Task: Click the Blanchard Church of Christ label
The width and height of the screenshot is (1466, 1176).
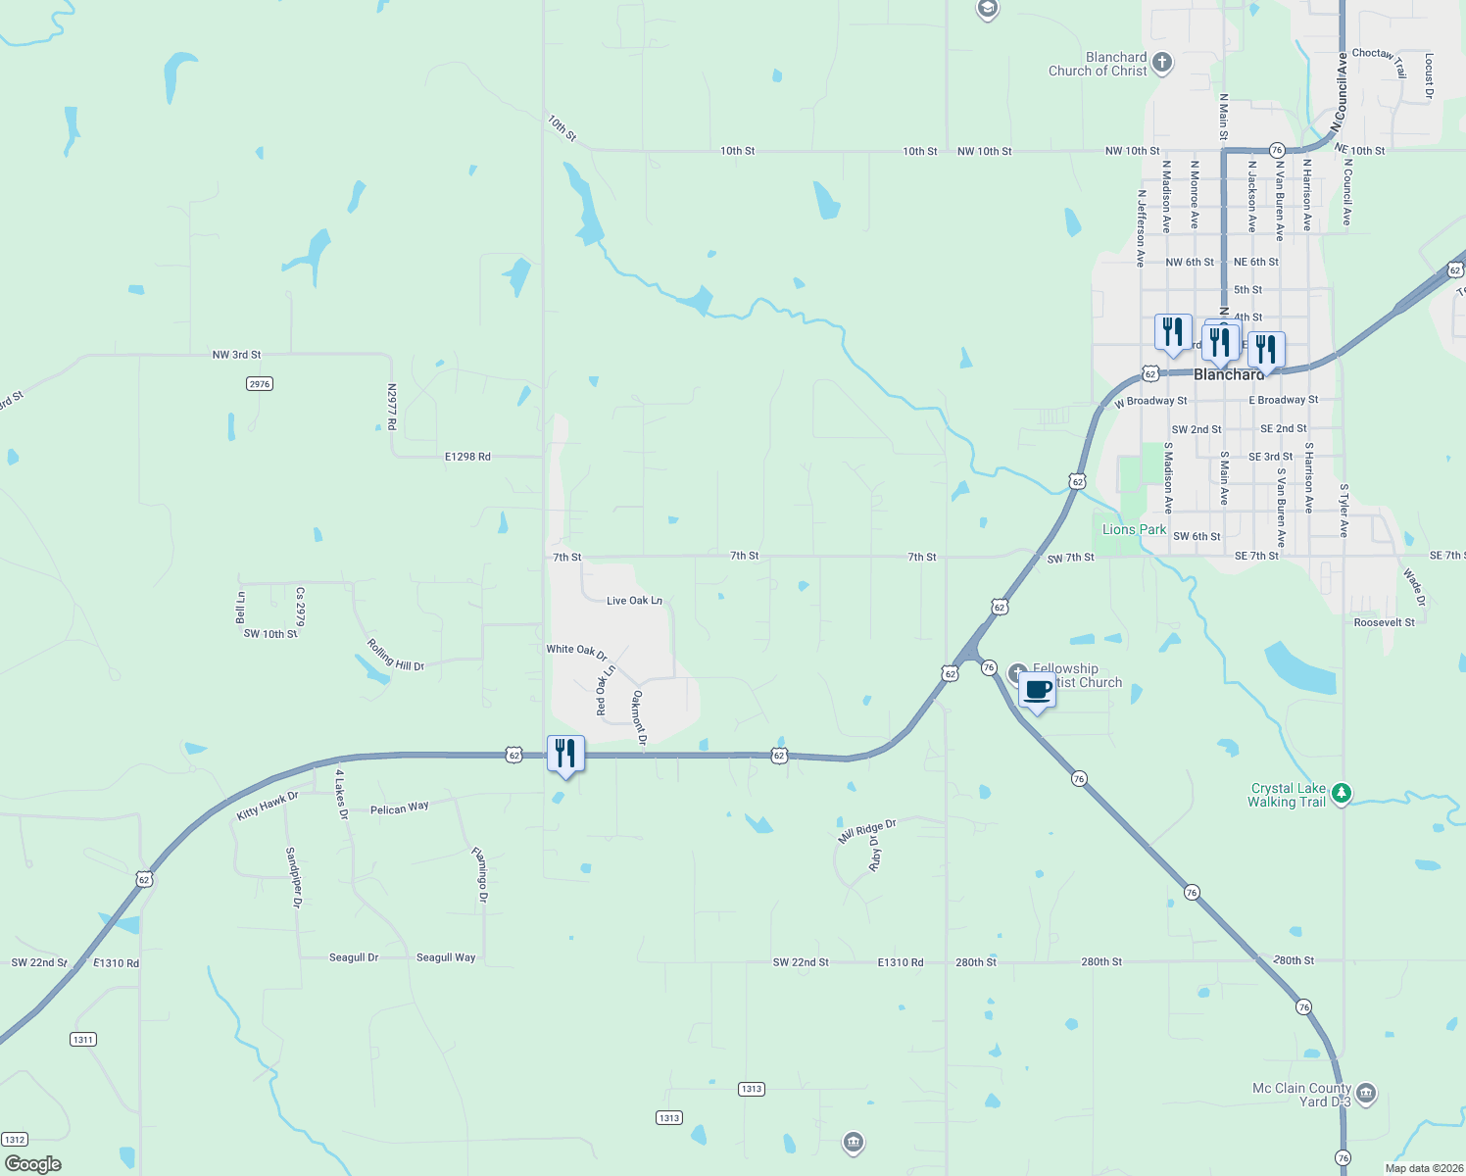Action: pyautogui.click(x=1098, y=65)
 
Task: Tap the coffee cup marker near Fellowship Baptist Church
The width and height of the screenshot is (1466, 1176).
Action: pyautogui.click(x=1037, y=690)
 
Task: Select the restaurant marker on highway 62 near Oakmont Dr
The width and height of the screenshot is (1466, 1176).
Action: pyautogui.click(x=564, y=754)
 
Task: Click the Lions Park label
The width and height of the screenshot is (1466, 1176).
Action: pyautogui.click(x=1134, y=529)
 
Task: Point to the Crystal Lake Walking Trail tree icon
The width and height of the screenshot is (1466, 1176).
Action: pyautogui.click(x=1342, y=794)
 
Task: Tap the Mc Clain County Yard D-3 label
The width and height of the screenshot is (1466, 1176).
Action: pyautogui.click(x=1301, y=1095)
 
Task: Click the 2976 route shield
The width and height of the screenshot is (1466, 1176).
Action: pyautogui.click(x=259, y=384)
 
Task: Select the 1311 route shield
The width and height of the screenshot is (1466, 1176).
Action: pyautogui.click(x=83, y=1039)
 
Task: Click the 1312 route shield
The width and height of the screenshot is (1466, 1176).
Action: pyautogui.click(x=15, y=1139)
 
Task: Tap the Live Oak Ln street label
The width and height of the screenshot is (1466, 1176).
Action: pyautogui.click(x=634, y=601)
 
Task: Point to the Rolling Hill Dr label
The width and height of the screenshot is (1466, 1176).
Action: pyautogui.click(x=395, y=655)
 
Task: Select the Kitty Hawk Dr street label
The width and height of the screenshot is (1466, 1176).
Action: pyautogui.click(x=267, y=807)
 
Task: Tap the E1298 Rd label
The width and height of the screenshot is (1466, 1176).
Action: pyautogui.click(x=467, y=457)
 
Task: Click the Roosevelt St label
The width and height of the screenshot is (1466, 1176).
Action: pyautogui.click(x=1384, y=622)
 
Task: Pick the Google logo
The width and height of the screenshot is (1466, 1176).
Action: pyautogui.click(x=33, y=1164)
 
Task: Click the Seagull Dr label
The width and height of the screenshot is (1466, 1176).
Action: pyautogui.click(x=353, y=957)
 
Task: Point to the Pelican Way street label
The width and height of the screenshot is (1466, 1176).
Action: pyautogui.click(x=399, y=808)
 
